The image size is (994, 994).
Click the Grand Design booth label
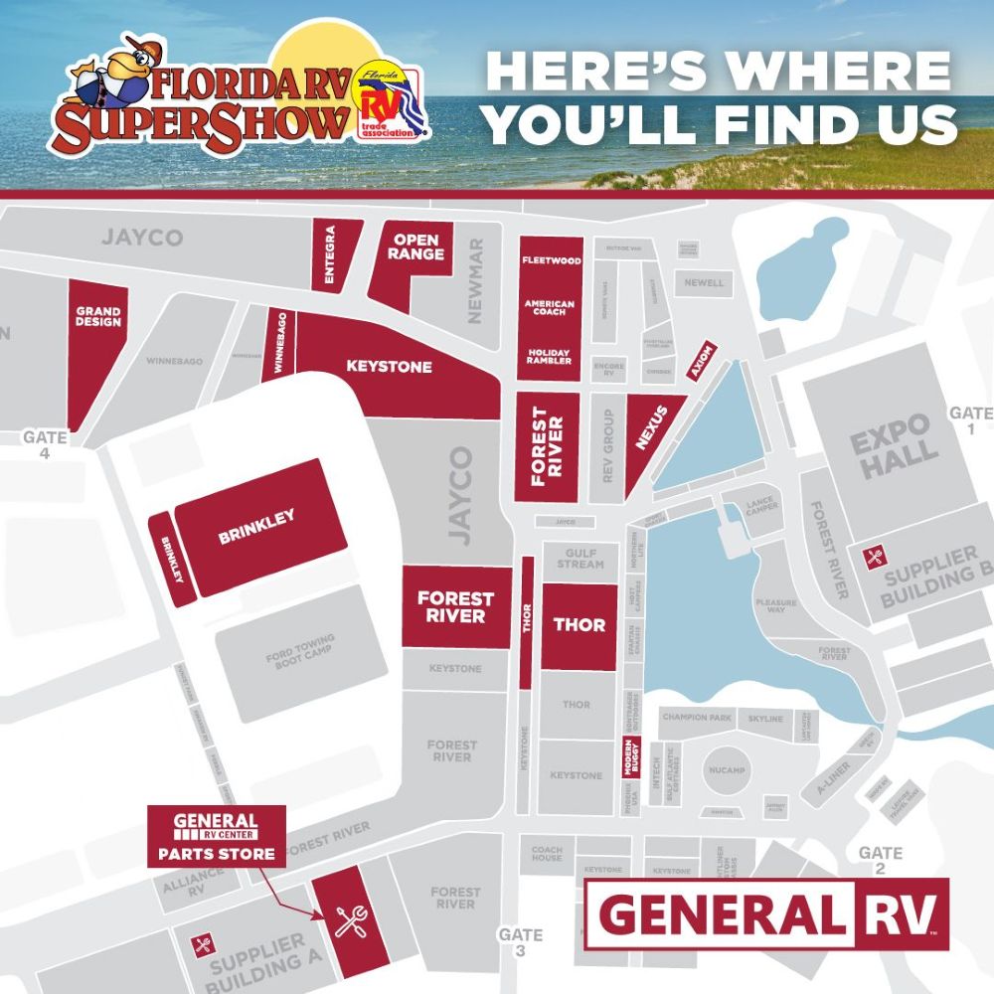coord(97,317)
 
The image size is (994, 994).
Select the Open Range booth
coord(415,248)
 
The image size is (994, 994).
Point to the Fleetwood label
coord(551,260)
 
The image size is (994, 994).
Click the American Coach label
coord(550,308)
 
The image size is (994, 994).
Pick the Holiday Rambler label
coord(550,357)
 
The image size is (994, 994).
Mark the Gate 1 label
coord(970,419)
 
